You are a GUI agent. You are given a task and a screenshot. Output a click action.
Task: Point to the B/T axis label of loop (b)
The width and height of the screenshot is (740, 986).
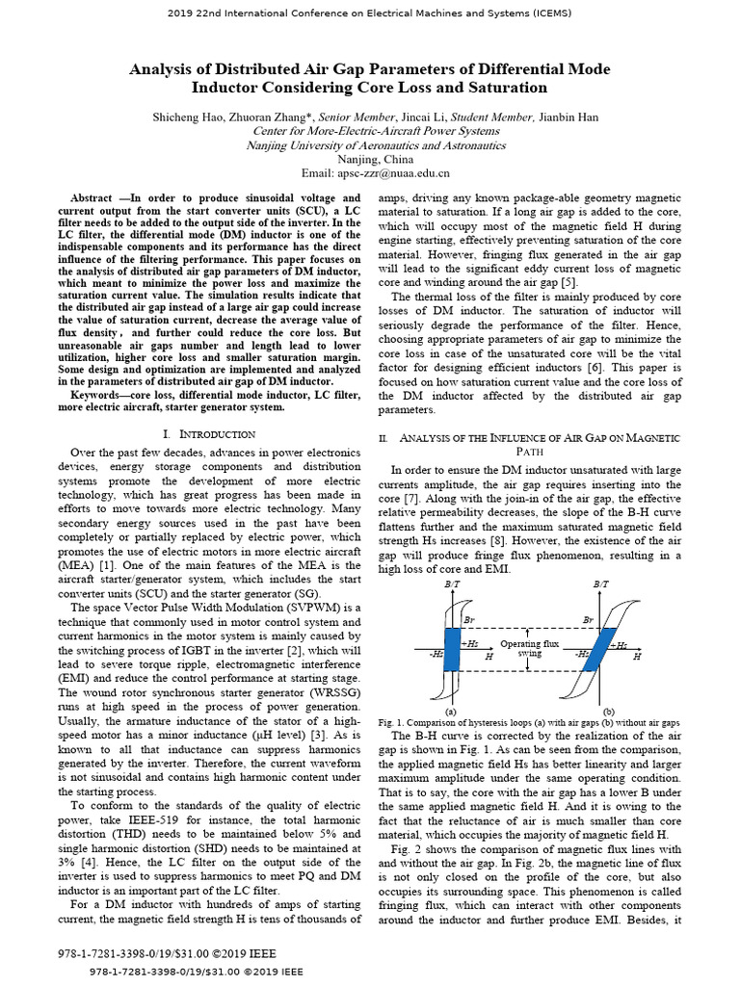click(601, 585)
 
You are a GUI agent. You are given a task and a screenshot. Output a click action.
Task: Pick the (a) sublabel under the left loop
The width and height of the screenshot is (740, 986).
click(451, 710)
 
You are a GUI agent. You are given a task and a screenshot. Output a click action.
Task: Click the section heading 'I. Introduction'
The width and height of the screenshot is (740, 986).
click(209, 434)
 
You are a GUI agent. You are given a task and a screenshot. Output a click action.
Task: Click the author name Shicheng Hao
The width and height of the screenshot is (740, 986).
click(189, 117)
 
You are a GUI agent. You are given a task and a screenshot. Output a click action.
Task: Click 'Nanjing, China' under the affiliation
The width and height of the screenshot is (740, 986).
click(375, 159)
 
